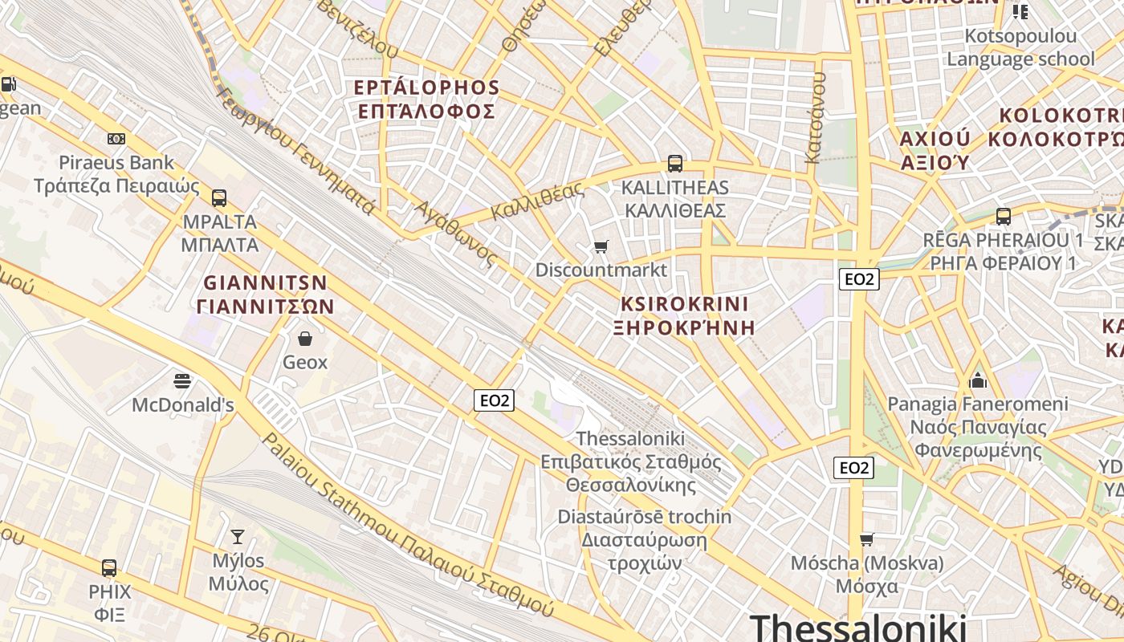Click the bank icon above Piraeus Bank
pyautogui.click(x=116, y=139)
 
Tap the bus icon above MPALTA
pyautogui.click(x=219, y=198)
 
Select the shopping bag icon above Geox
pyautogui.click(x=305, y=339)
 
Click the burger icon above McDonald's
pyautogui.click(x=183, y=380)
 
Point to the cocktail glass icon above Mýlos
pyautogui.click(x=238, y=536)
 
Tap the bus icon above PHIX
pyautogui.click(x=109, y=568)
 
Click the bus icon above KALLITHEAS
pyautogui.click(x=675, y=164)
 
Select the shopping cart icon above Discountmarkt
pyautogui.click(x=601, y=246)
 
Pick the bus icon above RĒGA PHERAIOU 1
pyautogui.click(x=1004, y=216)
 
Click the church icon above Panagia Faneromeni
pyautogui.click(x=978, y=380)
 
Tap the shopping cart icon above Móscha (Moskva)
pyautogui.click(x=867, y=538)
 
